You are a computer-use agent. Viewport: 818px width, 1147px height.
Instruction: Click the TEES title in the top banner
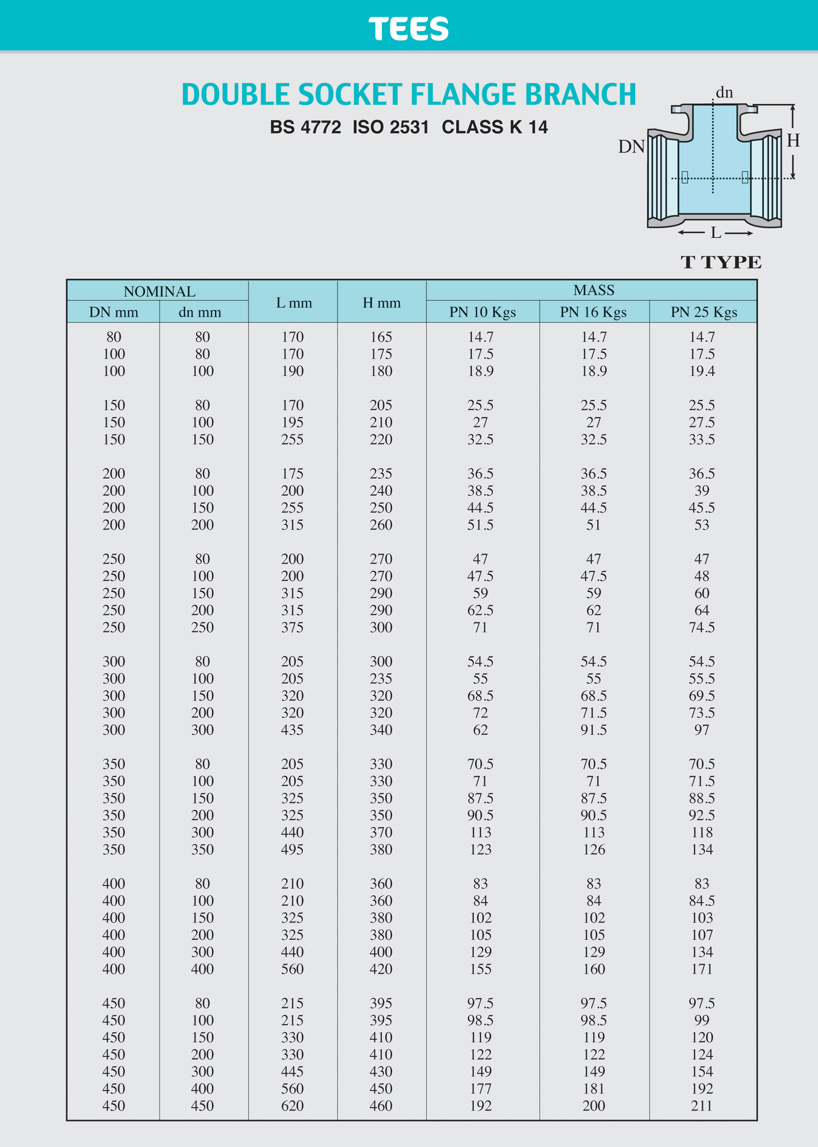pos(408,29)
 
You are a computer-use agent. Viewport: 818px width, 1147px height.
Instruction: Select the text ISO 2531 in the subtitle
pos(391,127)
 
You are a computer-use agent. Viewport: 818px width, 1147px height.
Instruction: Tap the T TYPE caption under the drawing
pos(721,262)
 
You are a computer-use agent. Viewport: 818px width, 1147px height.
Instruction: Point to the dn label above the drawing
pos(724,93)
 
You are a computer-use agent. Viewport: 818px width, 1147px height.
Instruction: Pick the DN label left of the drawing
pos(631,146)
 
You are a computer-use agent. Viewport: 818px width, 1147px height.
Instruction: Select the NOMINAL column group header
pos(159,292)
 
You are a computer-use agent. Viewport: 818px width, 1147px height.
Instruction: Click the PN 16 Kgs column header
pos(593,312)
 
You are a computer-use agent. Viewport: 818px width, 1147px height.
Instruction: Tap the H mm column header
pos(381,302)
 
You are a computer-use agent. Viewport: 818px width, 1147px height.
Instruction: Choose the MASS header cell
pos(593,290)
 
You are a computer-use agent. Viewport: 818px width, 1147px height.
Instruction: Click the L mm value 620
pos(292,1106)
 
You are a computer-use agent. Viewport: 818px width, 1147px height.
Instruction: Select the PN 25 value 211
pos(702,1106)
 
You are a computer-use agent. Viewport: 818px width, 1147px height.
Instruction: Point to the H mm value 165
pos(381,337)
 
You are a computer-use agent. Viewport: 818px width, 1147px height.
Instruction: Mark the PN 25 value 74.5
pos(702,627)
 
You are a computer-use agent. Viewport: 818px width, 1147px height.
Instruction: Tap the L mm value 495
pos(292,849)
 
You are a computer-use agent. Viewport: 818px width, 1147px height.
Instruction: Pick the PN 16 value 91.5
pos(593,730)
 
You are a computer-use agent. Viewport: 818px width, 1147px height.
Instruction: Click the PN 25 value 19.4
pos(702,371)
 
